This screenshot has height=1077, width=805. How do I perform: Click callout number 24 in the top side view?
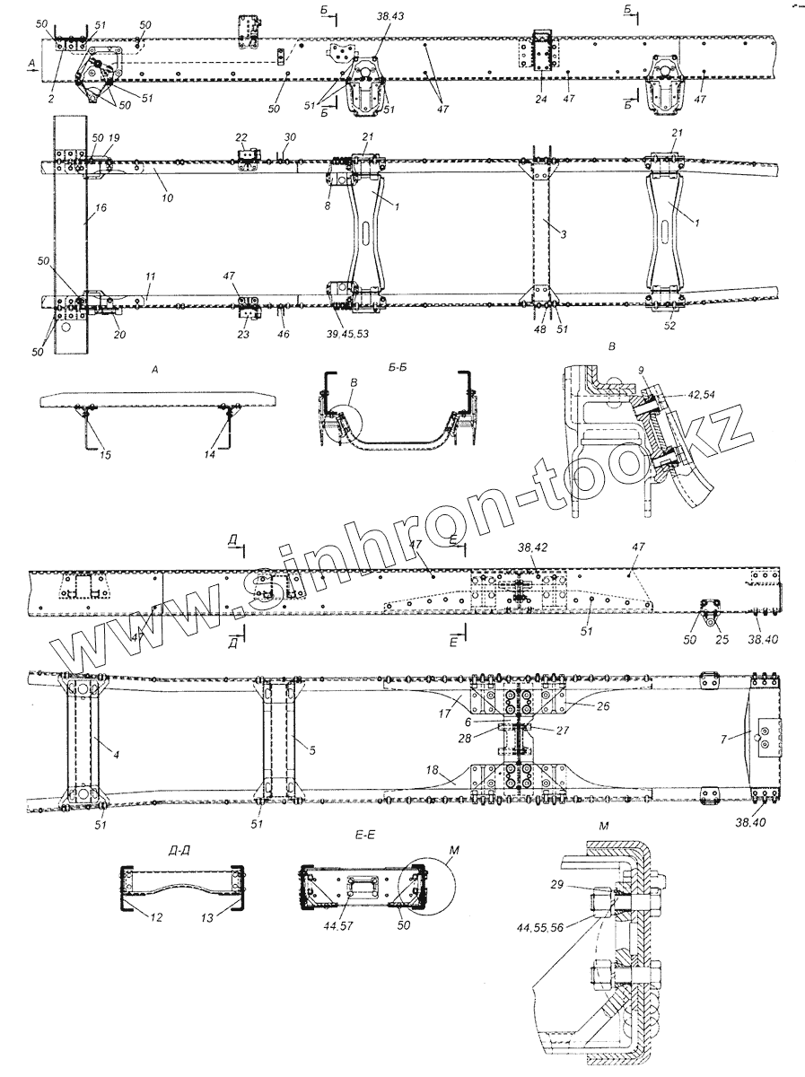click(x=540, y=99)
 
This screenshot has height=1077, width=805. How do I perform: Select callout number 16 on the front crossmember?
click(x=101, y=207)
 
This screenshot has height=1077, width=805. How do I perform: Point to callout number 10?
click(x=167, y=197)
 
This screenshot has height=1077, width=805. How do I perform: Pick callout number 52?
click(x=669, y=326)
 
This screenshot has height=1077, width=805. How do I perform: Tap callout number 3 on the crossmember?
click(x=564, y=234)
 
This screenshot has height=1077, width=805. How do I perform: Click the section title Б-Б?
click(x=398, y=367)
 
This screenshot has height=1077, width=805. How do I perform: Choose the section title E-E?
click(x=364, y=835)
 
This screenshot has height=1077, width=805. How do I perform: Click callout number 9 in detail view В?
click(x=641, y=370)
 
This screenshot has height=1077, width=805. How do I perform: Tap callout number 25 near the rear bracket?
click(x=722, y=639)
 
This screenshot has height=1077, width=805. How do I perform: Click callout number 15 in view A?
click(x=106, y=455)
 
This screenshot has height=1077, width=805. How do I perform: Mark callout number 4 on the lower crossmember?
click(x=117, y=756)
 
